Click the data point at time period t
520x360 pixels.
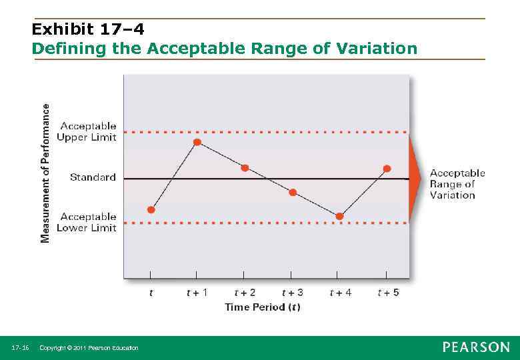pyautogui.click(x=151, y=209)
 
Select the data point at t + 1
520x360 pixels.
pyautogui.click(x=197, y=142)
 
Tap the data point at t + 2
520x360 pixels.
pyautogui.click(x=245, y=168)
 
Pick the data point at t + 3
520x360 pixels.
pyautogui.click(x=292, y=193)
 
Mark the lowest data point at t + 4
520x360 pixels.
pyautogui.click(x=339, y=216)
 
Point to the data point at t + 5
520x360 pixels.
pyautogui.click(x=387, y=169)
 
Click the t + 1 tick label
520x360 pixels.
pyautogui.click(x=197, y=293)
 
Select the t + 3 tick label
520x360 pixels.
pyautogui.click(x=292, y=293)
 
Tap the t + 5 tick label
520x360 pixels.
pyautogui.click(x=388, y=293)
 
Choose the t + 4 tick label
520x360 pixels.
pyautogui.click(x=341, y=293)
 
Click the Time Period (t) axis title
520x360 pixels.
pyautogui.click(x=262, y=307)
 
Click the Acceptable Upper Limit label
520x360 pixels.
pyautogui.click(x=88, y=131)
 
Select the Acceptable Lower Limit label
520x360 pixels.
pyautogui.click(x=88, y=222)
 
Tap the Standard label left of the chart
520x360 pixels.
pyautogui.click(x=93, y=177)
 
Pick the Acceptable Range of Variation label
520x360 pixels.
pyautogui.click(x=457, y=184)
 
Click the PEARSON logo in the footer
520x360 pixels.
pyautogui.click(x=476, y=347)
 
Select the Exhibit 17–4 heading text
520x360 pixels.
pyautogui.click(x=88, y=29)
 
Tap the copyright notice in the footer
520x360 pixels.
pyautogui.click(x=89, y=348)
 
